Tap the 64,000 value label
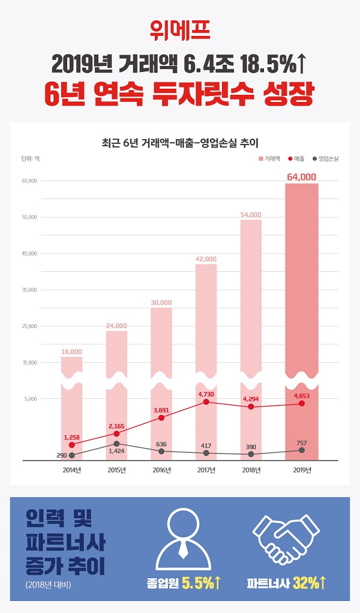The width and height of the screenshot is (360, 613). click(301, 177)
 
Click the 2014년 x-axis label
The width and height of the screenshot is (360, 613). click(71, 470)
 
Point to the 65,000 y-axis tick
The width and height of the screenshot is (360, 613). click(29, 181)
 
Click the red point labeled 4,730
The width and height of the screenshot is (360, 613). click(206, 402)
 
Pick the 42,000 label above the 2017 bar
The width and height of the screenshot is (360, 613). click(206, 259)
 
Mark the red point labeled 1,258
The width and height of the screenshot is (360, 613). click(71, 445)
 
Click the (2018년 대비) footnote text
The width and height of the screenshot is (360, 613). click(48, 585)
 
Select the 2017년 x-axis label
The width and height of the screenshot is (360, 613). click(206, 470)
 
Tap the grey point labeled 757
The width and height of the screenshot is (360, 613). click(301, 450)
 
